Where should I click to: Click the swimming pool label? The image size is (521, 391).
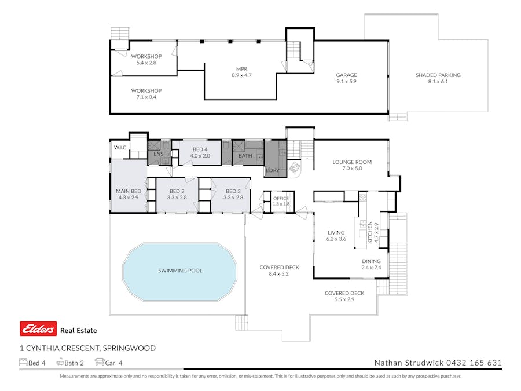click(x=180, y=271)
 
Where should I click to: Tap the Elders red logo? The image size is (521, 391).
click(x=38, y=329)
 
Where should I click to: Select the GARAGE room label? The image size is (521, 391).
click(x=346, y=78)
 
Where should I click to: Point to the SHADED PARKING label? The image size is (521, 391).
click(x=438, y=78)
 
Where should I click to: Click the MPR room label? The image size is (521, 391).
click(x=241, y=71)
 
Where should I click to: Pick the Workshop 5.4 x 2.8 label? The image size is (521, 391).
click(x=146, y=60)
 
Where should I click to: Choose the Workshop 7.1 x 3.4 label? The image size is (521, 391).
click(x=146, y=94)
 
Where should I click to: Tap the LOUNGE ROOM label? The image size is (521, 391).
click(x=352, y=166)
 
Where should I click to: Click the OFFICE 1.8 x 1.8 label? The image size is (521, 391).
click(x=281, y=201)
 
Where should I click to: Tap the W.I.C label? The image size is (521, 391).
click(x=120, y=148)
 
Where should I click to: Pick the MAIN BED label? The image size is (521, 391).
click(x=128, y=194)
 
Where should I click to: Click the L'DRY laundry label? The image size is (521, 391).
click(x=271, y=170)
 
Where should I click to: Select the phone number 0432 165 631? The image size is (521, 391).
click(x=474, y=363)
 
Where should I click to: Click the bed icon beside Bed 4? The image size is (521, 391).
click(x=23, y=363)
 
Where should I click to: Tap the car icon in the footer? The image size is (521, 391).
click(x=99, y=363)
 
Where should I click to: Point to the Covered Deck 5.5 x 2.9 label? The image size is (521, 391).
click(x=344, y=297)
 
